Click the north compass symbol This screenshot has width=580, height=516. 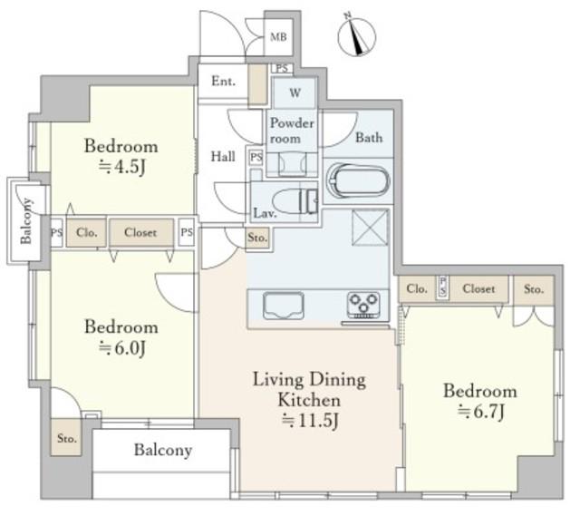tap(356, 36)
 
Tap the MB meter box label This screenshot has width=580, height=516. tap(278, 37)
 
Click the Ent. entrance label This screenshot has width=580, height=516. tap(223, 81)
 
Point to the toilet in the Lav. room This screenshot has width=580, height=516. tap(295, 201)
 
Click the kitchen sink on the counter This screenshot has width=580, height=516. tap(284, 306)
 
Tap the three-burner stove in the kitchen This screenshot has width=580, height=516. tap(363, 306)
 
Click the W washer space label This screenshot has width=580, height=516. tap(295, 92)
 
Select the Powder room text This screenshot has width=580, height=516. tap(292, 131)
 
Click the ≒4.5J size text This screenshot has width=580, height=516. tap(121, 167)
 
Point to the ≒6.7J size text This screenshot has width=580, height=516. tap(480, 411)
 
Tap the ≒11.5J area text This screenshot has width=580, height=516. tap(310, 420)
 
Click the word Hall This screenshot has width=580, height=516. tap(223, 156)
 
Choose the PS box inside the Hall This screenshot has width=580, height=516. tap(256, 158)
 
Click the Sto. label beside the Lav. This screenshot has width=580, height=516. tap(257, 238)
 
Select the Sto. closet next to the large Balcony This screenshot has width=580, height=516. tap(66, 437)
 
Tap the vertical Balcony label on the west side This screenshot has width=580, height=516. tap(26, 221)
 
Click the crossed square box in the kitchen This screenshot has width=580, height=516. tap(371, 228)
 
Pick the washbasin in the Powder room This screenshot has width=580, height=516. tap(292, 164)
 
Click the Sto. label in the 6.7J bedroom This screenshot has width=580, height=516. tap(534, 289)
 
